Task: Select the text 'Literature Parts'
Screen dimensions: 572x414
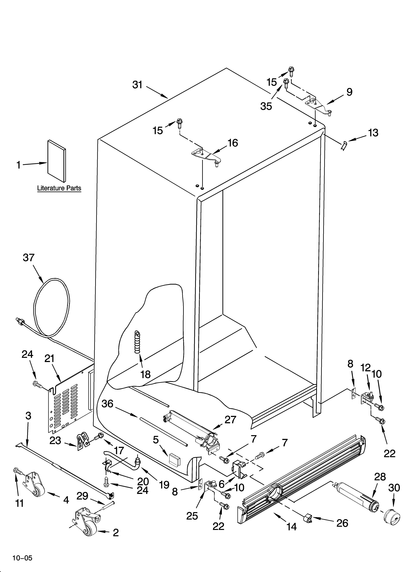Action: [59, 188]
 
